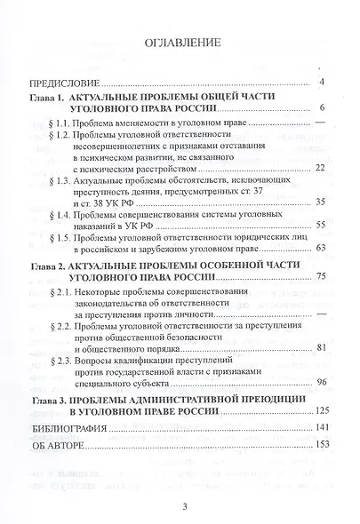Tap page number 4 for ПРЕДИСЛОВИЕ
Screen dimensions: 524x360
point(319,83)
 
